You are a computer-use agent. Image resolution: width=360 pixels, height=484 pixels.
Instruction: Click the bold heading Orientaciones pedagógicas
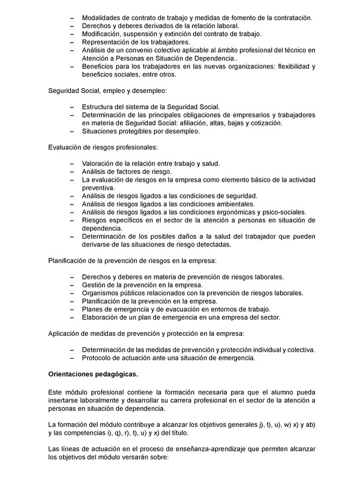[x=93, y=375]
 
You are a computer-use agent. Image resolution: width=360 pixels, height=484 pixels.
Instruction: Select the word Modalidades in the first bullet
[x=103, y=18]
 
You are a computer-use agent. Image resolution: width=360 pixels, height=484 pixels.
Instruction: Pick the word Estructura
[x=100, y=107]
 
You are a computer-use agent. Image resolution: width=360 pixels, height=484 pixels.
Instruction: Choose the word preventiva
[x=100, y=188]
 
